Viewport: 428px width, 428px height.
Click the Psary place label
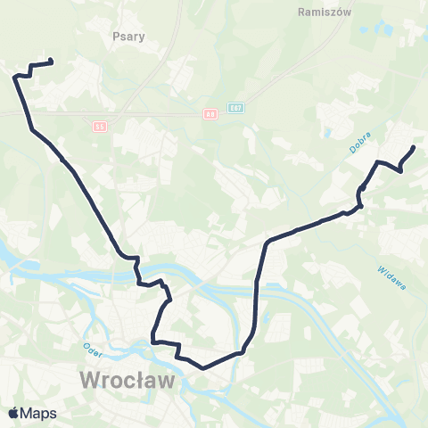click(x=129, y=37)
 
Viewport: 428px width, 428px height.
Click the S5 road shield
click(x=100, y=127)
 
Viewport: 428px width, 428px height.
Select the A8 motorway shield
click(x=210, y=114)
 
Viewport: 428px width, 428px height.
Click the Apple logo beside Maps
click(x=13, y=413)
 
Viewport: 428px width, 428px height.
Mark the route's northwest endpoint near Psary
click(x=51, y=62)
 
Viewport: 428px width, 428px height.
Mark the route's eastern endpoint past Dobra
click(x=414, y=147)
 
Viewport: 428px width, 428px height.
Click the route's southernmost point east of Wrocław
click(x=204, y=366)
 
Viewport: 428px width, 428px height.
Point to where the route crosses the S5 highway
click(x=25, y=113)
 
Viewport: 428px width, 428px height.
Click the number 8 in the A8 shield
click(x=212, y=114)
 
